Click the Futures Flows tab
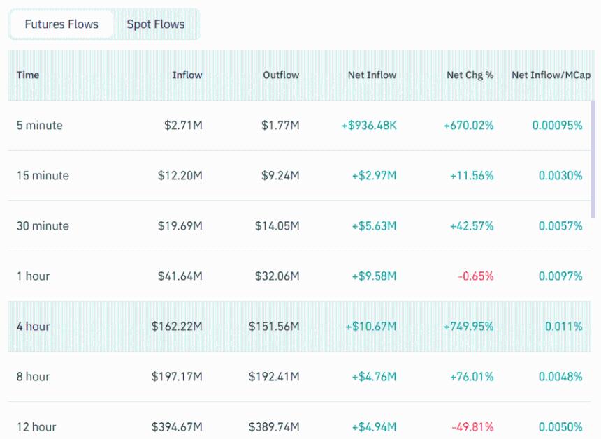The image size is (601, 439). [61, 24]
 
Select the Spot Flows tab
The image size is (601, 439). [156, 24]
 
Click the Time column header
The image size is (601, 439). [28, 75]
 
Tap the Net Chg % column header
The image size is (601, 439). [470, 75]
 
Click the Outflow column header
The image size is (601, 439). [281, 75]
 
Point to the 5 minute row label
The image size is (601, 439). [40, 126]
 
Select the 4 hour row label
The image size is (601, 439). [33, 327]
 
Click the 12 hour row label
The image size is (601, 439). [36, 426]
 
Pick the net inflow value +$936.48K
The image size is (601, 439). [369, 126]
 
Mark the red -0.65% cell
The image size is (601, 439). [476, 276]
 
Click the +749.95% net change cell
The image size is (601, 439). [468, 327]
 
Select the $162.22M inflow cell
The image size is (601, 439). [177, 327]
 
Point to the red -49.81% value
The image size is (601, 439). [472, 426]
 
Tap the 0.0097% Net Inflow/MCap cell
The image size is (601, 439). [557, 276]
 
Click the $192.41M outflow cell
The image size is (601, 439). [274, 377]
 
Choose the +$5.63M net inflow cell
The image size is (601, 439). [374, 226]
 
